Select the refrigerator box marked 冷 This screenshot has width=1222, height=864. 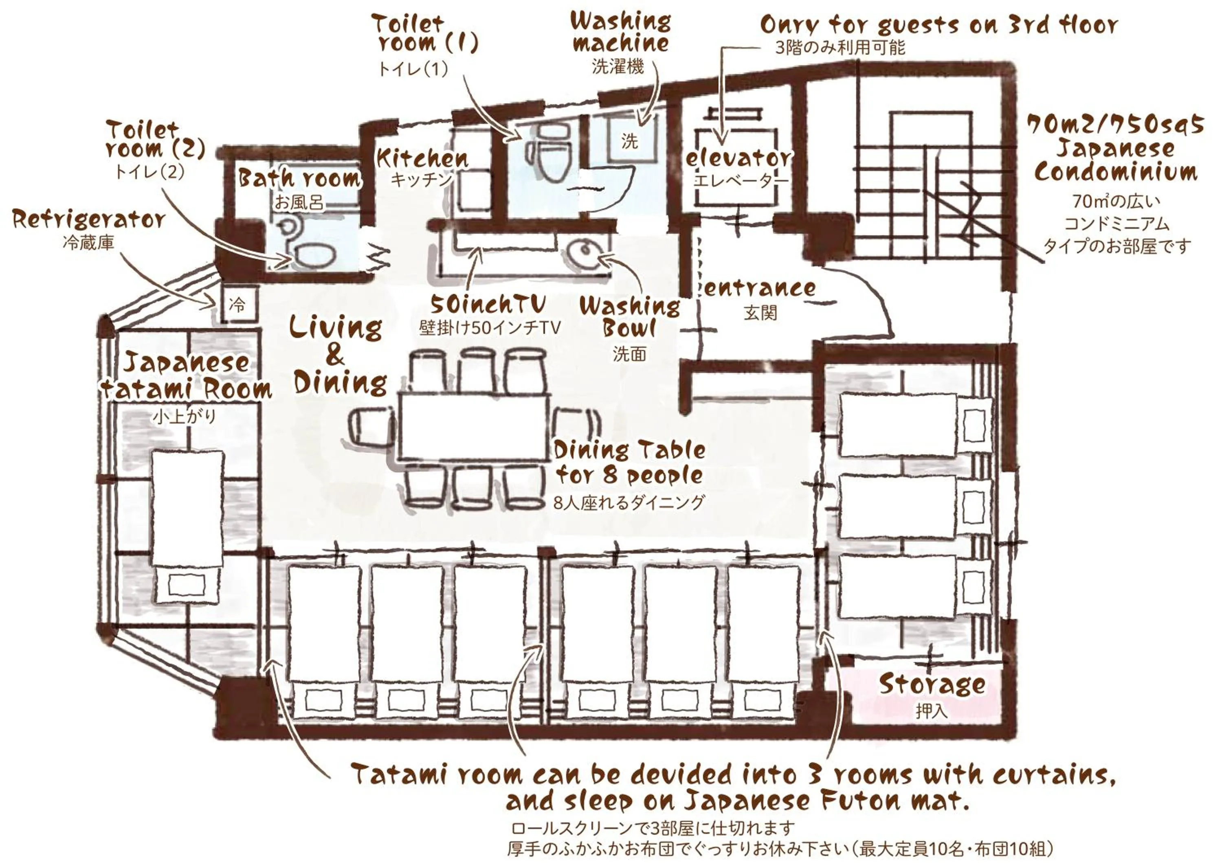[238, 305]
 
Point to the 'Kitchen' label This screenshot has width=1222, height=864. [422, 158]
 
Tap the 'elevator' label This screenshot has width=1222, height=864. [738, 158]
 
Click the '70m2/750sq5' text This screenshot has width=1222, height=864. [1114, 125]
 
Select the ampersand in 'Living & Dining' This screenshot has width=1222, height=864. [335, 355]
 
